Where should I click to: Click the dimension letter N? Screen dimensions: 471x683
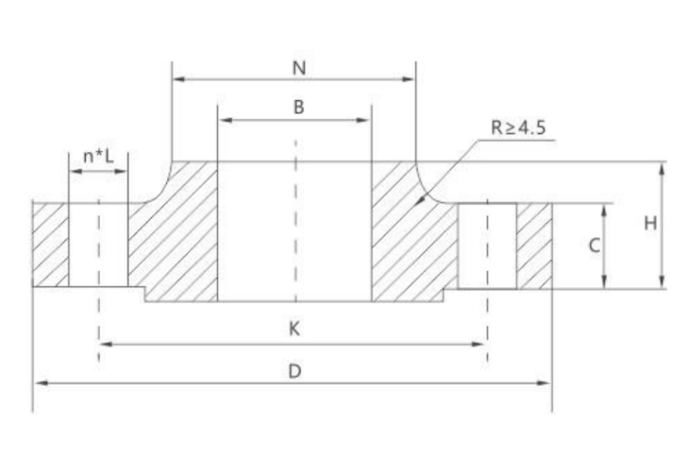pyautogui.click(x=299, y=67)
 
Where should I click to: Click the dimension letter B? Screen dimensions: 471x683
pyautogui.click(x=299, y=107)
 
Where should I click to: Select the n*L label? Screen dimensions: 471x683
pyautogui.click(x=99, y=158)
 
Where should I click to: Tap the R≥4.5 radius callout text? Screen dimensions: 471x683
pyautogui.click(x=518, y=127)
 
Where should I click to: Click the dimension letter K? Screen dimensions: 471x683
pyautogui.click(x=294, y=328)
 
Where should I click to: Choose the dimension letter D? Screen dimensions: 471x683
pyautogui.click(x=294, y=370)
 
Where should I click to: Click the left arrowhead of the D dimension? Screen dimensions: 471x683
pyautogui.click(x=38, y=383)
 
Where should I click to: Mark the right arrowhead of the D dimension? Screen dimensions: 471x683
pyautogui.click(x=546, y=383)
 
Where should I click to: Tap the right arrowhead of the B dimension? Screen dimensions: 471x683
pyautogui.click(x=366, y=119)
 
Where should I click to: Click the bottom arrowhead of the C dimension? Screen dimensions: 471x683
pyautogui.click(x=605, y=284)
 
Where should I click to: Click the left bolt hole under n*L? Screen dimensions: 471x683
pyautogui.click(x=98, y=244)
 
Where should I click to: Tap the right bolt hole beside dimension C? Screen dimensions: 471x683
pyautogui.click(x=487, y=245)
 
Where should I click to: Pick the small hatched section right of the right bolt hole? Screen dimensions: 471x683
pyautogui.click(x=534, y=245)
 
